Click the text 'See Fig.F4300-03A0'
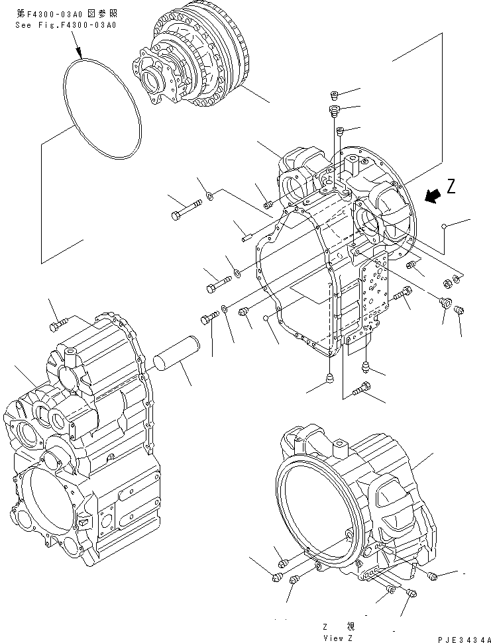coord(66,25)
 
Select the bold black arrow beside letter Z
coord(434,195)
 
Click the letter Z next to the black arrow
coord(451,187)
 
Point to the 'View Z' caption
coord(339,637)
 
